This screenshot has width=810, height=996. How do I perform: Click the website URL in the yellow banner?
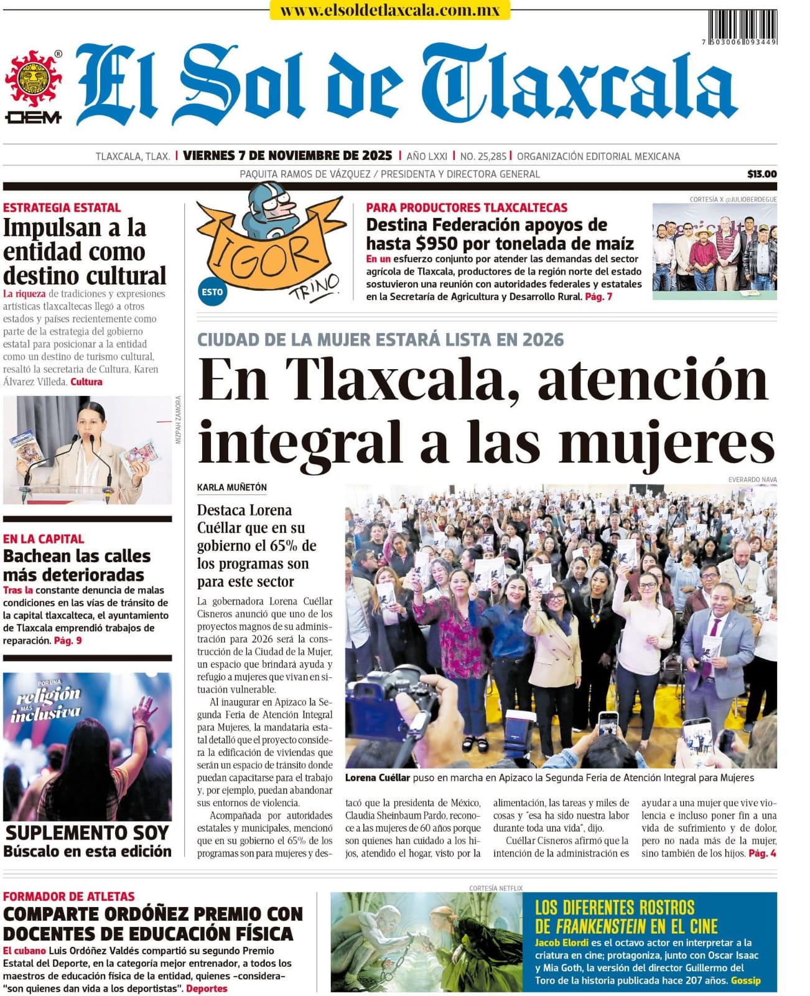(389, 11)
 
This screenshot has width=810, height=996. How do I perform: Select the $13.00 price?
(761, 174)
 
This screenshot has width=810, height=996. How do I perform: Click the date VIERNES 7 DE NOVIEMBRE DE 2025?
(287, 156)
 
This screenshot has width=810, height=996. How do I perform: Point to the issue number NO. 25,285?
(483, 156)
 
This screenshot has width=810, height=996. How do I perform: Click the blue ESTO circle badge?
(212, 291)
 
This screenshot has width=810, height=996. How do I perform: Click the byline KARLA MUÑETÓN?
(231, 487)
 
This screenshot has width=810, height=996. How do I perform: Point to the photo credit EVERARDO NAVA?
(752, 480)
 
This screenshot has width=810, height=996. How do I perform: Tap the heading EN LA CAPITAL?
(44, 539)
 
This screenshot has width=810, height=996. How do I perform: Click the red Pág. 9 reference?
(68, 641)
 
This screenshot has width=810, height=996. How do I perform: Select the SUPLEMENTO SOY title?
(87, 833)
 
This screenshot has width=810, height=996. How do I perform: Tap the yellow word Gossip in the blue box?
(745, 980)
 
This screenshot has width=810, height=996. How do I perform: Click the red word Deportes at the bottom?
(207, 989)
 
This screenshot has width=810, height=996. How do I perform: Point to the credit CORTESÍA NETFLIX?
(496, 888)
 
